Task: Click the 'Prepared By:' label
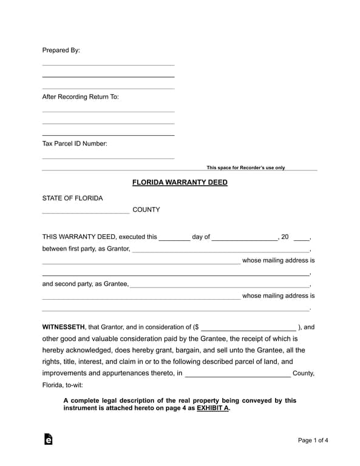(x=61, y=50)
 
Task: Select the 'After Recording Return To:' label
(x=80, y=97)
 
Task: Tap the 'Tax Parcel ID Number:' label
(x=75, y=144)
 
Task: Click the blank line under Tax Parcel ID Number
(x=108, y=158)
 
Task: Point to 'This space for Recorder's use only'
(x=245, y=168)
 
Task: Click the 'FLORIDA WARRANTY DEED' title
(x=180, y=182)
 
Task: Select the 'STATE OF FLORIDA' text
(x=72, y=198)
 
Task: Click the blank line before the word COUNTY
(x=86, y=213)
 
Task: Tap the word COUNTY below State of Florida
(x=146, y=210)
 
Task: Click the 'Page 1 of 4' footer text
(x=313, y=440)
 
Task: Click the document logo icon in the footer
(x=49, y=439)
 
